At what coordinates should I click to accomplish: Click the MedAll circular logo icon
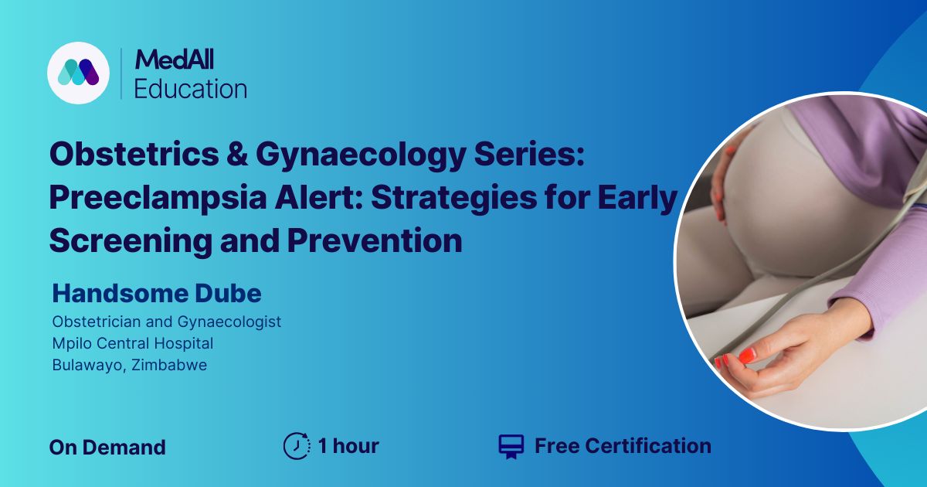(x=78, y=73)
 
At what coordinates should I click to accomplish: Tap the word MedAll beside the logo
(x=175, y=60)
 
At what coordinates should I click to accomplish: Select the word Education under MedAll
(x=191, y=89)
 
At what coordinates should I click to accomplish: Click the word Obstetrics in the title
(x=134, y=154)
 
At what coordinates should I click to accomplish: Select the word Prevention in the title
(x=375, y=241)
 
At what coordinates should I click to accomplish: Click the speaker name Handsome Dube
(x=157, y=294)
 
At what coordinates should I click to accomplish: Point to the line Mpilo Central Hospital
(x=133, y=343)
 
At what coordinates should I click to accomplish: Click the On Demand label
(x=107, y=448)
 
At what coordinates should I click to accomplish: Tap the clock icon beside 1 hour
(x=297, y=446)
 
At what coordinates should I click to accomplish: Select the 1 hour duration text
(x=348, y=446)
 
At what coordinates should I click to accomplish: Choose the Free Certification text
(x=623, y=446)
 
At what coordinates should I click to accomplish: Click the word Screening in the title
(x=131, y=242)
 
